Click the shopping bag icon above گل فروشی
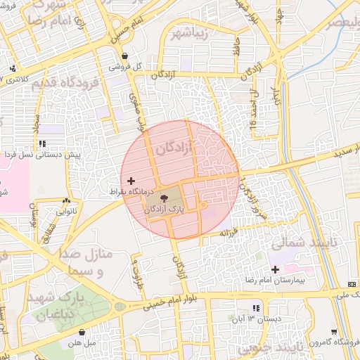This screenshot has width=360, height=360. tap(124, 56)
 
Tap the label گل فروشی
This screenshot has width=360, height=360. tap(125, 67)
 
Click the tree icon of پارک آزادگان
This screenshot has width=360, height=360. tap(165, 199)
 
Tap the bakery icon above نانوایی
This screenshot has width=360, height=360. tap(67, 200)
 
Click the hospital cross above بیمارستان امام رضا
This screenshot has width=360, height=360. tap(275, 270)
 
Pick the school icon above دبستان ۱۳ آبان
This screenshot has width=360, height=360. tap(256, 308)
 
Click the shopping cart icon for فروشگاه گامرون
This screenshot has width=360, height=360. tap(333, 332)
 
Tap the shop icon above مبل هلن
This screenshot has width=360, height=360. tap(82, 333)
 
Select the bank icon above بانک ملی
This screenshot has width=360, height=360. tap(352, 284)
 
